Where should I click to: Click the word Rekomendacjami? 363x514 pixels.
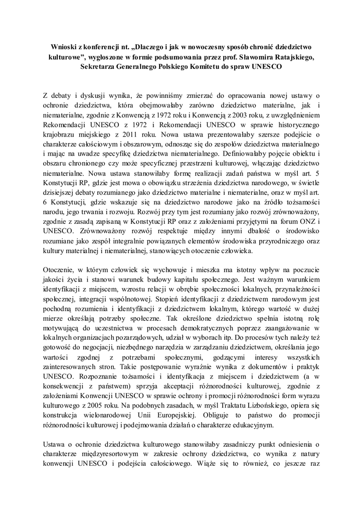(x=69, y=124)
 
